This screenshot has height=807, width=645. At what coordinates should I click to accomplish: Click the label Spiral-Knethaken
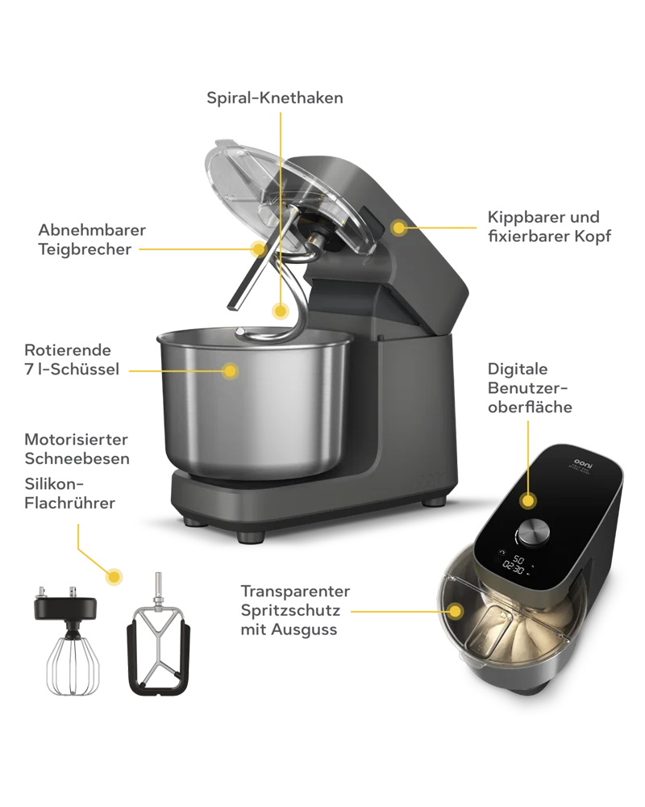[275, 98]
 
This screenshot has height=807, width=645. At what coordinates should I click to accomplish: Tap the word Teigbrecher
[85, 249]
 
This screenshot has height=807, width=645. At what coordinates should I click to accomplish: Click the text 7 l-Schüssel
[72, 369]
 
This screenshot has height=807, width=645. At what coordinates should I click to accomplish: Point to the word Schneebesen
[77, 458]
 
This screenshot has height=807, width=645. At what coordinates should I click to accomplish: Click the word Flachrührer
[70, 503]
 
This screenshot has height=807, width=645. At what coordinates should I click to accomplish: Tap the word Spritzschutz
[290, 611]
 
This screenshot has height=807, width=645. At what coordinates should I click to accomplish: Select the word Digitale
[518, 369]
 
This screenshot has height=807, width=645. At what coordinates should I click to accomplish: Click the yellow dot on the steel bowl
[230, 370]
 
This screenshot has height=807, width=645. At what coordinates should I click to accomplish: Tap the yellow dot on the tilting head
[398, 227]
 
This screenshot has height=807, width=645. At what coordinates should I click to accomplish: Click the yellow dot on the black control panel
[528, 500]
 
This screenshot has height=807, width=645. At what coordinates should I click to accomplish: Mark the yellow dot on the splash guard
[455, 612]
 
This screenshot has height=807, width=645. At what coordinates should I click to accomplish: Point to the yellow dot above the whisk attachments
[114, 576]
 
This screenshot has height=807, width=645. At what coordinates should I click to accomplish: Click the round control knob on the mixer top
[533, 533]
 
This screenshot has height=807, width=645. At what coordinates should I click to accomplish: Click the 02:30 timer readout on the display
[514, 568]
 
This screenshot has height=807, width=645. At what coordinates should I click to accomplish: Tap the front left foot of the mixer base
[251, 537]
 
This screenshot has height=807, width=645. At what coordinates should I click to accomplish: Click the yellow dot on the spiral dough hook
[281, 312]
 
